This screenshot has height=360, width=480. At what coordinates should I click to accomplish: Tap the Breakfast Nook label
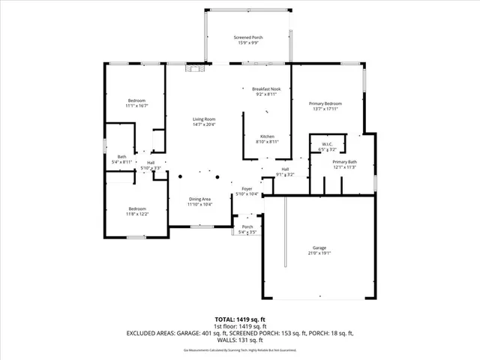tap(266, 89)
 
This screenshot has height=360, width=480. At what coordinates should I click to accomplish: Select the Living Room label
tap(204, 119)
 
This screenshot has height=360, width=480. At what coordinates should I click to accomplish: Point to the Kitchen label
tap(267, 136)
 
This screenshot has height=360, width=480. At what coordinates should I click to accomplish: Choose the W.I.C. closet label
tap(327, 145)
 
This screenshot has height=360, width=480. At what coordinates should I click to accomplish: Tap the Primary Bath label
tap(345, 162)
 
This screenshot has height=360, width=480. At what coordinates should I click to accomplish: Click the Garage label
tap(319, 247)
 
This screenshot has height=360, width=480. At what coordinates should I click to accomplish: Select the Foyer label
tap(247, 189)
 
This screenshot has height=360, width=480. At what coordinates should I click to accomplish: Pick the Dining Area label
tap(199, 199)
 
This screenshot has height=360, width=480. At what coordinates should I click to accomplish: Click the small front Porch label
tap(247, 226)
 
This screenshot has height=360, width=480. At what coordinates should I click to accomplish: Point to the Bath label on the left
tap(121, 157)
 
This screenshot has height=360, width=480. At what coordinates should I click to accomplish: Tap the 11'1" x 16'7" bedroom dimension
tap(136, 106)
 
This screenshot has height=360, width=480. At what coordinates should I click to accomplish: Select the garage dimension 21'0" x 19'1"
tap(319, 253)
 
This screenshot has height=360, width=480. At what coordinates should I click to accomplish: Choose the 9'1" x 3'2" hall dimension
tap(285, 175)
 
